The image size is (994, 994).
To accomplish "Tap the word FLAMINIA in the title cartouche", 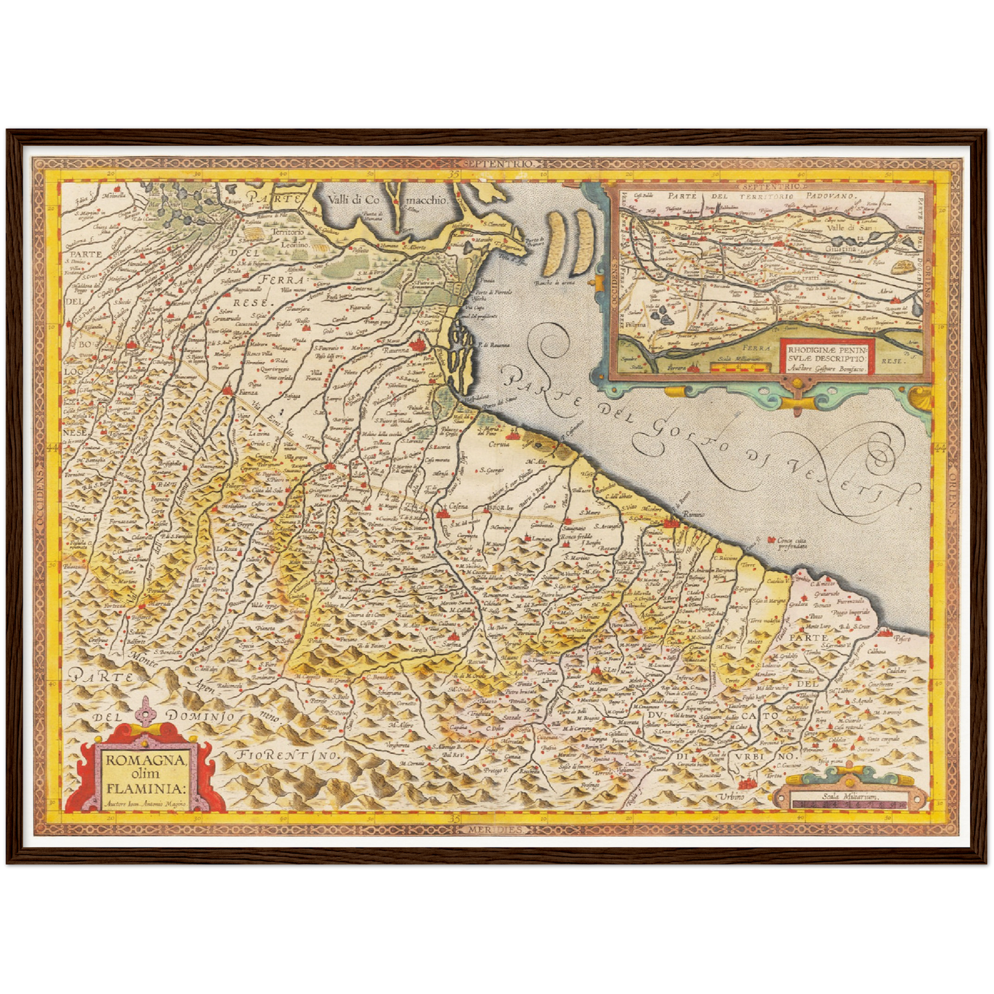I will click(145, 788).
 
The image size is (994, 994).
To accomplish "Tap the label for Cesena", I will click(457, 507).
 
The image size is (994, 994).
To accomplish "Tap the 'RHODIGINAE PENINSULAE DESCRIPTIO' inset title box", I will click(825, 354).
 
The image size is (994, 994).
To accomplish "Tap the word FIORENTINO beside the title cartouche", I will click(289, 755).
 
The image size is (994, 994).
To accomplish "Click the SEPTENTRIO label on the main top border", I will click(499, 164).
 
